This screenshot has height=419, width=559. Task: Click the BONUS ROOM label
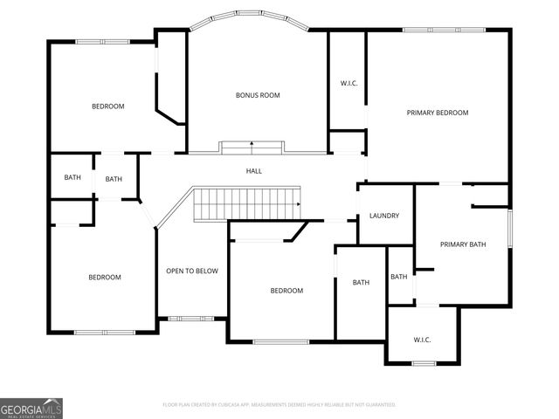[x=258, y=95]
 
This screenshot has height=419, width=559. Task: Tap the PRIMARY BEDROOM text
[x=438, y=113]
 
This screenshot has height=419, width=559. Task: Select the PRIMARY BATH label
[x=462, y=244]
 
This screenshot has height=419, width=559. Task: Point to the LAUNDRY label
[x=384, y=216]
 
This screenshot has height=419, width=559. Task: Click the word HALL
[x=253, y=171]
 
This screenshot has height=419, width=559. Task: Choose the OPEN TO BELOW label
[x=192, y=271]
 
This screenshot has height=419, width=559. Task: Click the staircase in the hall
[x=247, y=203]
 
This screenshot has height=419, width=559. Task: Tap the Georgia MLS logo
[x=31, y=408]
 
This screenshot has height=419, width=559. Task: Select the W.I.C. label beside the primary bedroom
[x=349, y=84]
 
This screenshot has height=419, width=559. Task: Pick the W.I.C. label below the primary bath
[x=422, y=340]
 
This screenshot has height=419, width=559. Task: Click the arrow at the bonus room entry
[x=252, y=143]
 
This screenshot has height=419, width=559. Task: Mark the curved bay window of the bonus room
[x=250, y=15]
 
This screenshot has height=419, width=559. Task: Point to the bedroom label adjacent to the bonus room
[x=108, y=106]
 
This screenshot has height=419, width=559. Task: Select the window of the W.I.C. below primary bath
[x=424, y=363]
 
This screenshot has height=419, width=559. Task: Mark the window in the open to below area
[x=185, y=318]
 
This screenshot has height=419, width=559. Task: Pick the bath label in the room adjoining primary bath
[x=399, y=277]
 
